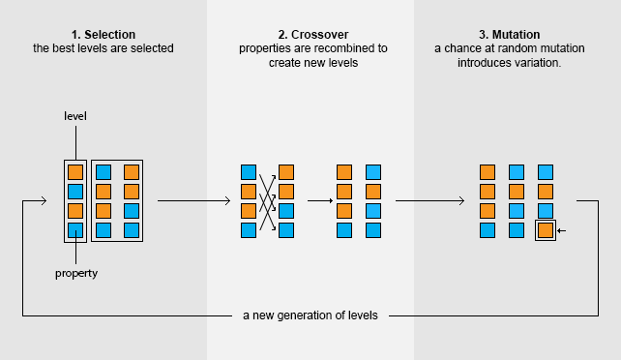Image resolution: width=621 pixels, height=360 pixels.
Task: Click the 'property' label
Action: [75, 274]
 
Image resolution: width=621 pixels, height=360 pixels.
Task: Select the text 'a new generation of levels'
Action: [310, 315]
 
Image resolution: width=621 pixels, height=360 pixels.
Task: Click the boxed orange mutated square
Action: [546, 230]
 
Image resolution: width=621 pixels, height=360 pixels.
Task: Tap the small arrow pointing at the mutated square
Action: [562, 230]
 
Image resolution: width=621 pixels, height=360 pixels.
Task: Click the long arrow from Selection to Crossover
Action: [193, 201]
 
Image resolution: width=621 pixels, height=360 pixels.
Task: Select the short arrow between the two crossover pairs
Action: [319, 201]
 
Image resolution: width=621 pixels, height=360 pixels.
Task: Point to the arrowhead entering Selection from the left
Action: [42, 201]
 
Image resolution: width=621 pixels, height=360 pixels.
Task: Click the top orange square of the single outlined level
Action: [75, 172]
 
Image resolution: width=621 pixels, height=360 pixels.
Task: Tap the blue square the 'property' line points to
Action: [75, 230]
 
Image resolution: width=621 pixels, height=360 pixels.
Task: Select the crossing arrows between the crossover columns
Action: [267, 201]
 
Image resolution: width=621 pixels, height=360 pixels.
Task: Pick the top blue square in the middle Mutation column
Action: [517, 172]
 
